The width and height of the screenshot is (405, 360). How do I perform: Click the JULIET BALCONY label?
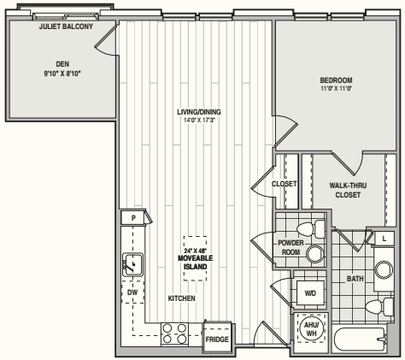[x=66, y=27]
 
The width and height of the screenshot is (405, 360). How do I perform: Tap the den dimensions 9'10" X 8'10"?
[x=62, y=74]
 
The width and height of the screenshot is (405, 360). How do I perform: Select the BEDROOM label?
[x=336, y=80]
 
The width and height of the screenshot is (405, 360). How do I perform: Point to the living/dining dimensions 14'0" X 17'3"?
[x=199, y=121]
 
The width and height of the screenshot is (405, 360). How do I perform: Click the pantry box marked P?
[x=133, y=218]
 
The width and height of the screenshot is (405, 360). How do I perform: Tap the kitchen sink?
[x=132, y=265]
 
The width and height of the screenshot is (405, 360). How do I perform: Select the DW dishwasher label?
[x=132, y=292]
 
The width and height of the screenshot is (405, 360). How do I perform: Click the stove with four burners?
[x=174, y=333]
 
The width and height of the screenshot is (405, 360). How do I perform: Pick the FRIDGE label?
[x=217, y=339]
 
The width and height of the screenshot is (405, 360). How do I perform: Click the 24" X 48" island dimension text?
[x=195, y=251]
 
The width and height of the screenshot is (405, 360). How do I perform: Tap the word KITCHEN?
[x=182, y=298]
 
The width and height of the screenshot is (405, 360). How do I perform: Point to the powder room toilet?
[x=311, y=229]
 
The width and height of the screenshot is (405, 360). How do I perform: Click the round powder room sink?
[x=315, y=253]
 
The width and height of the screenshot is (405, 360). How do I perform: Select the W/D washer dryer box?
[x=310, y=293]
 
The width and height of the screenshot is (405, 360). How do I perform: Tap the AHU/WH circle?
[x=311, y=329]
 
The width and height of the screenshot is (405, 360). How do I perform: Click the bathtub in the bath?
[x=360, y=339]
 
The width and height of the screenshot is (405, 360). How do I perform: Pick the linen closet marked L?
[x=384, y=239]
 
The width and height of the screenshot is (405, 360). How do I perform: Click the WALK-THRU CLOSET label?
[x=348, y=190]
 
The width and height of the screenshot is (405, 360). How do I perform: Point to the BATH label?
[x=355, y=279]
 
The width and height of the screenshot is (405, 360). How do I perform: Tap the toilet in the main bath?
[x=379, y=306]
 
